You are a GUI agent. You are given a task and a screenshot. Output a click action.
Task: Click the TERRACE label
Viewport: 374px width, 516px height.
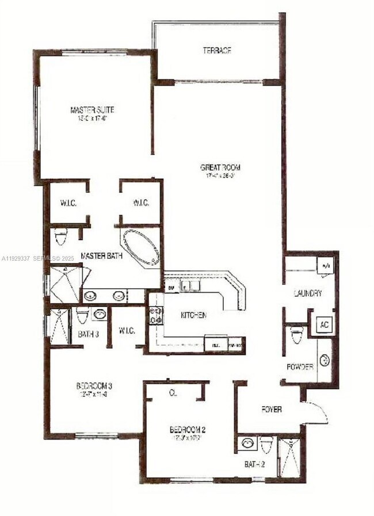(217, 51)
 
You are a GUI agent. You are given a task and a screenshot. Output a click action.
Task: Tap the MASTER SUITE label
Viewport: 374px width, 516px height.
(92, 109)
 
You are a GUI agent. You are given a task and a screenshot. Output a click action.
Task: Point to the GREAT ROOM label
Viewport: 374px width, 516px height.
(216, 167)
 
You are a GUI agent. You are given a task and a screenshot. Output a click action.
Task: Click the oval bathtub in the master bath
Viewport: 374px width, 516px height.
(141, 247)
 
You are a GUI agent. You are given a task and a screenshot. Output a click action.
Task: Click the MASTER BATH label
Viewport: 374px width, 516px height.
(101, 255)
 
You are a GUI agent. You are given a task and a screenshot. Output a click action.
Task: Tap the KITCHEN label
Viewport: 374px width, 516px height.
(193, 315)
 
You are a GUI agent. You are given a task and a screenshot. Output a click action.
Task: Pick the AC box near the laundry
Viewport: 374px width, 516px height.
(323, 324)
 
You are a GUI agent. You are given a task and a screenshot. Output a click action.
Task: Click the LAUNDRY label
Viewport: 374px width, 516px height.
(307, 293)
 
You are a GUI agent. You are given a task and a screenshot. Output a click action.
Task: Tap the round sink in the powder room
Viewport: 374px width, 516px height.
(325, 360)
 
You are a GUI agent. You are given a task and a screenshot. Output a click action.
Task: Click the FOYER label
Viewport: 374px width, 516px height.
(272, 410)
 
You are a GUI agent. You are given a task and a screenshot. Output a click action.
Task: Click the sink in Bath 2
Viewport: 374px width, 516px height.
(248, 444)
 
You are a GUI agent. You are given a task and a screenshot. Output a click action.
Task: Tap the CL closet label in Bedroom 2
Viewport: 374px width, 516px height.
(172, 393)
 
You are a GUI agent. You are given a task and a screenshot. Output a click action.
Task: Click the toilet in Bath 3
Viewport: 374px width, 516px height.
(82, 316)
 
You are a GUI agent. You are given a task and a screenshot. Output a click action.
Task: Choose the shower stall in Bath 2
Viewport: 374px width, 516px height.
(289, 457)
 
